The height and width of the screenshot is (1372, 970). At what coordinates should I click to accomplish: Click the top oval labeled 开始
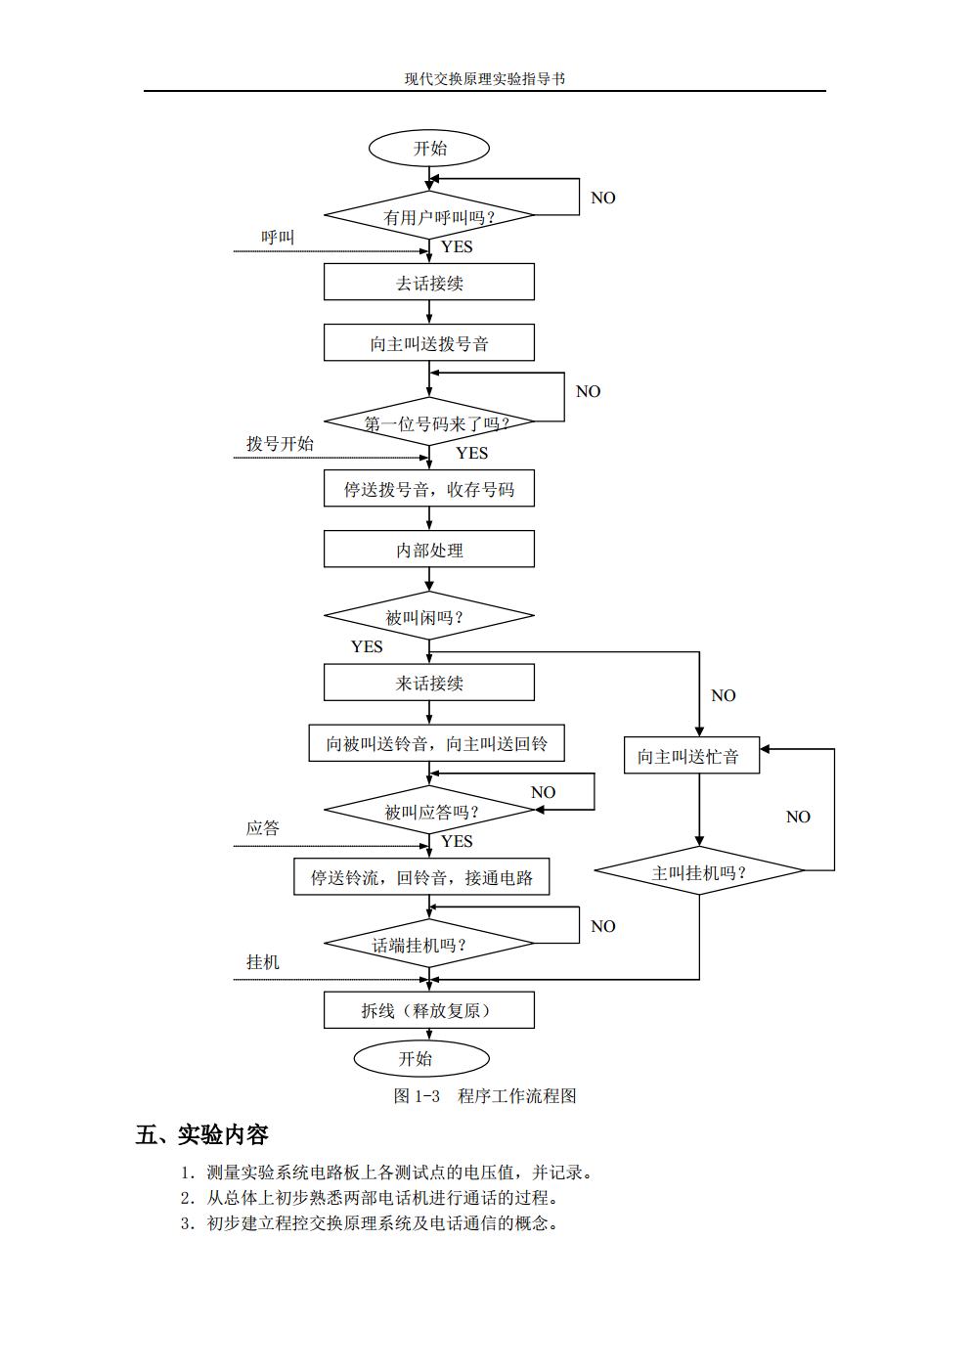point(428,149)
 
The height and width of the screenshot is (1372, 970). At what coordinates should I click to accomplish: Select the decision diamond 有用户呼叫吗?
point(429,216)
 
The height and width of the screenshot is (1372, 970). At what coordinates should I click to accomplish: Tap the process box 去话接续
point(429,283)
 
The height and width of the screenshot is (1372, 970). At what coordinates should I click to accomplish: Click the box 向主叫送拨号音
point(429,343)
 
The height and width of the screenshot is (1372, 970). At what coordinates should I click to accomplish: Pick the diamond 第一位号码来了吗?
point(429,422)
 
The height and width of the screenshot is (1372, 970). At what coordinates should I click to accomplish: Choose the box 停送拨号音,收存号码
point(429,489)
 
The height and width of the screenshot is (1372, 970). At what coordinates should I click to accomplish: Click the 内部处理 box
point(429,550)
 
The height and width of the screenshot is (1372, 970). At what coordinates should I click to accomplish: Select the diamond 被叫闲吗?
point(429,616)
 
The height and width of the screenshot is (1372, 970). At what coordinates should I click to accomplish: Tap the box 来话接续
point(429,683)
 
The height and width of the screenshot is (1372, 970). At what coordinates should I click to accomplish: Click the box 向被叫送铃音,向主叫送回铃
point(436,743)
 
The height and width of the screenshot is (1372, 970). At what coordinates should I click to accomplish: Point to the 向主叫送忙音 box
point(691,756)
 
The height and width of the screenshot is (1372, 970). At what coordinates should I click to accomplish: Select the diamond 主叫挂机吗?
point(699,871)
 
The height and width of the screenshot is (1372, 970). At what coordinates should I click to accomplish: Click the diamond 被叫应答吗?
point(429,811)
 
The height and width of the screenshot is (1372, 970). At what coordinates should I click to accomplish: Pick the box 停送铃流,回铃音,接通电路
point(421,877)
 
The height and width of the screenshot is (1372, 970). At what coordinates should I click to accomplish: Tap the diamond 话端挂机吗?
point(429,944)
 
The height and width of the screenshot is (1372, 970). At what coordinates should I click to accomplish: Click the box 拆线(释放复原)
point(429,1010)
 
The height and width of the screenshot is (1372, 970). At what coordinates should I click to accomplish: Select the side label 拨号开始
point(280,443)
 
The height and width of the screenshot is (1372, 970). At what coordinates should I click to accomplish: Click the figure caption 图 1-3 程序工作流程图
point(485,1095)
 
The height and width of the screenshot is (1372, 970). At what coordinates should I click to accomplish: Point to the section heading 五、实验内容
point(202,1134)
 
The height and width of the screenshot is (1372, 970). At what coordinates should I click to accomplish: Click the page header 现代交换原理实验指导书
point(485,78)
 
